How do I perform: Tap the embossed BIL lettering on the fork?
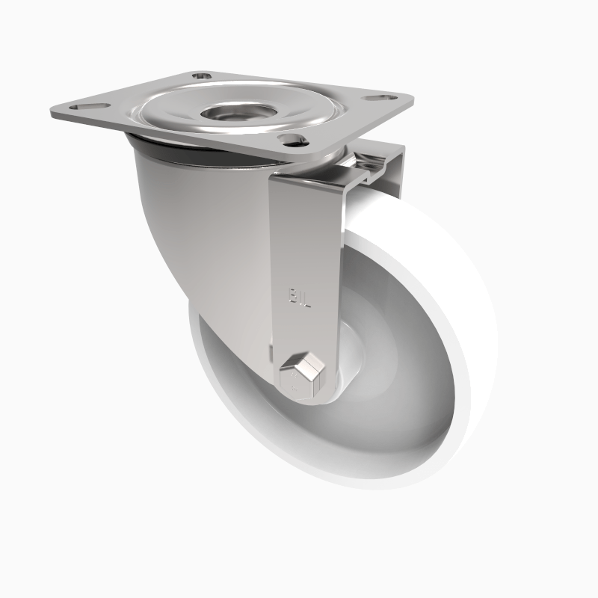(298, 294)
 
